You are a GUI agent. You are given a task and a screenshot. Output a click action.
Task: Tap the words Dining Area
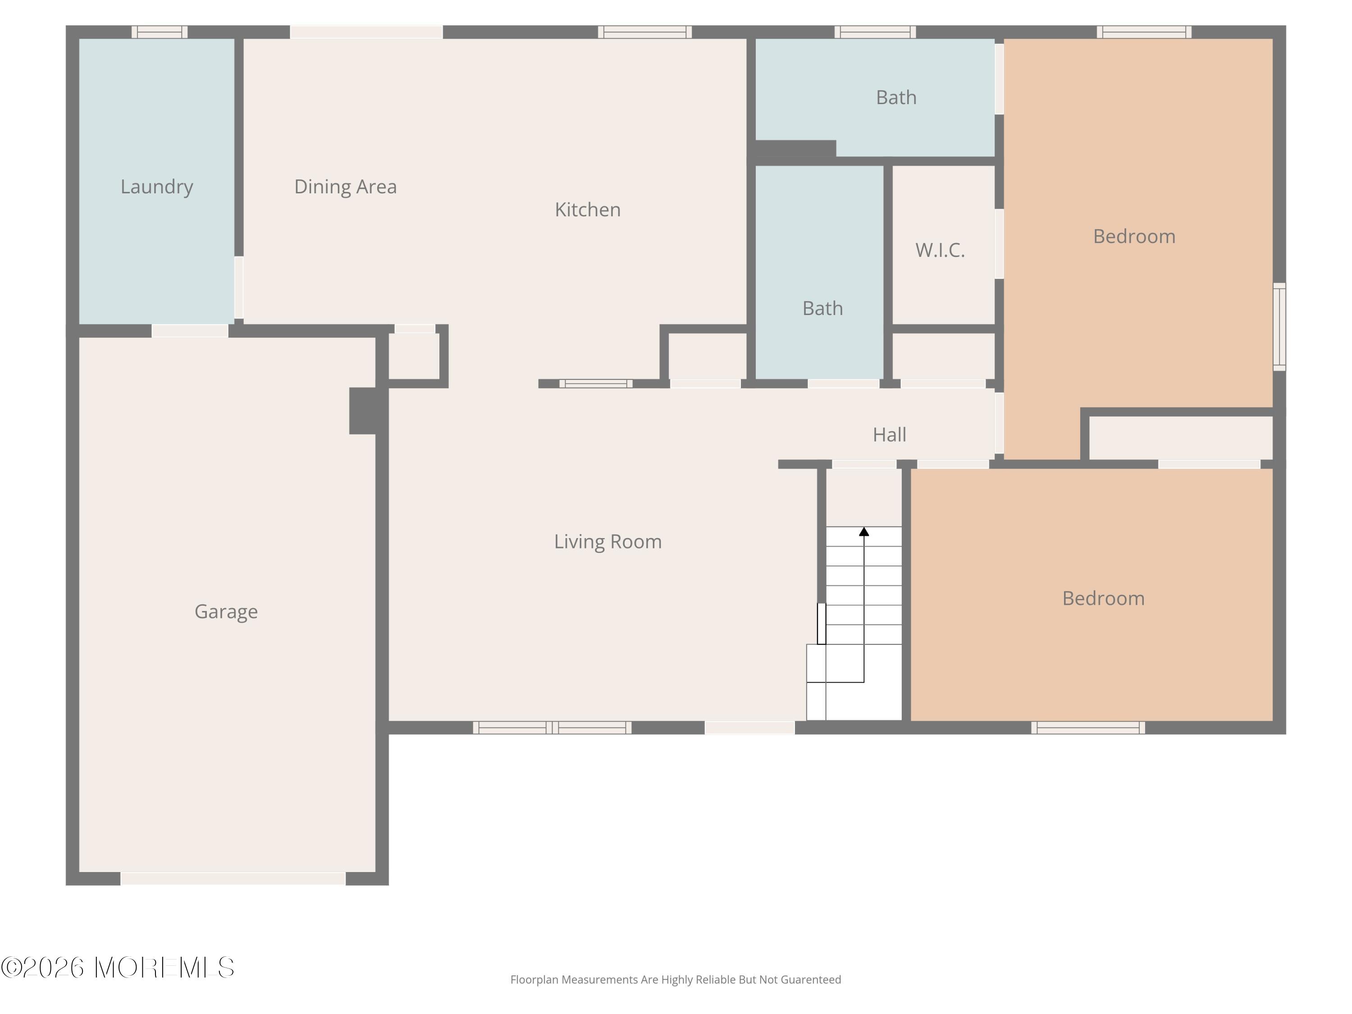click(345, 187)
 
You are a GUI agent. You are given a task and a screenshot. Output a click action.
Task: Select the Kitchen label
click(587, 210)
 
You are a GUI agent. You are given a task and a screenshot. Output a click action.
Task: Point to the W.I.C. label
click(940, 250)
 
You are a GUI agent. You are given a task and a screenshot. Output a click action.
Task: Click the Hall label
click(889, 434)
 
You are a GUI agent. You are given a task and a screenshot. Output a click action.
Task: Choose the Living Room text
click(607, 542)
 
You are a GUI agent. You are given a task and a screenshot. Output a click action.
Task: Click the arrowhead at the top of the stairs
click(863, 532)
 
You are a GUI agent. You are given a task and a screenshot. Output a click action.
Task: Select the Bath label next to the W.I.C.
click(822, 308)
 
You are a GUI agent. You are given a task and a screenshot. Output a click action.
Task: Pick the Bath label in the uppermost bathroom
click(896, 97)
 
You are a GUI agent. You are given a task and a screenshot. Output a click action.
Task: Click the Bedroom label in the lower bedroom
click(1103, 598)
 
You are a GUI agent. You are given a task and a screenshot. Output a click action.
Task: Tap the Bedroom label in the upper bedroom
click(1134, 237)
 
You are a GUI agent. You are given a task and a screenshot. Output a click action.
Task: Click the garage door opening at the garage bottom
click(233, 878)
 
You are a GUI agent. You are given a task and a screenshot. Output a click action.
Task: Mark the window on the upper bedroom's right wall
click(1279, 327)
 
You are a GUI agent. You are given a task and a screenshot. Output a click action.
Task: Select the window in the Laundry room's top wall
click(160, 32)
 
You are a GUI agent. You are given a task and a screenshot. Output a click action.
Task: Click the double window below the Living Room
click(552, 727)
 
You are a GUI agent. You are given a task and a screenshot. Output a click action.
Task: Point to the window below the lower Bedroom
click(1088, 727)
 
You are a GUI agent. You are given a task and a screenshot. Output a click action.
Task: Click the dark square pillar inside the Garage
click(363, 411)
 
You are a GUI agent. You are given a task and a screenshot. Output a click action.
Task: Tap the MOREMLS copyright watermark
click(117, 968)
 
